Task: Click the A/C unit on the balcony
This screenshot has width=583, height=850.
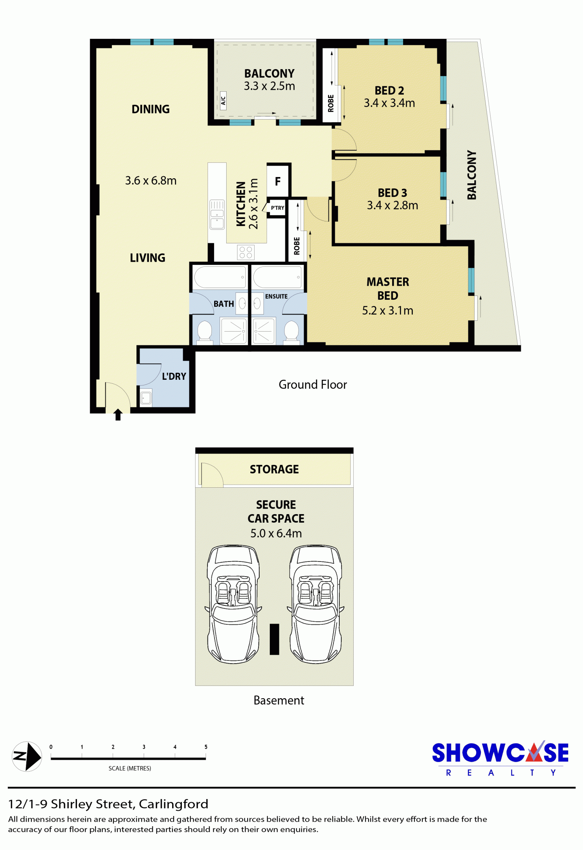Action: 223,101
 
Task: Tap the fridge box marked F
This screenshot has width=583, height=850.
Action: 278,181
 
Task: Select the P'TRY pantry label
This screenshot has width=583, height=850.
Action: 278,208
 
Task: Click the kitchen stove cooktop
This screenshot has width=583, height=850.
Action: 246,252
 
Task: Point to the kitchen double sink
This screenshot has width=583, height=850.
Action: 217,214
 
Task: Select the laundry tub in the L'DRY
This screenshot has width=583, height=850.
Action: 146,397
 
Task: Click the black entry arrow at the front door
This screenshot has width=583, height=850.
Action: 118,414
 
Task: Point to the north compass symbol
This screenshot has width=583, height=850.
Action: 27,756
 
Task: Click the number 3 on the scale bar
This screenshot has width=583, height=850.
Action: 144,747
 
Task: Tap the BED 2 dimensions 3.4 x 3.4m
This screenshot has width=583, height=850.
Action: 389,103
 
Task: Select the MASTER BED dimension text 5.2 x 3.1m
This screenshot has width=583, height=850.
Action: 388,310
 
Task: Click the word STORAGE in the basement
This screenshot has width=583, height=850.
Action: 274,469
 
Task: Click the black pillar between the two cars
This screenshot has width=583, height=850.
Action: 274,639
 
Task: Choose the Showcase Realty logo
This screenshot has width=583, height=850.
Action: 500,758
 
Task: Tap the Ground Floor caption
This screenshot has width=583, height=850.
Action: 312,384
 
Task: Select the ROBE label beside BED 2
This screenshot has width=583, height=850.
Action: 331,103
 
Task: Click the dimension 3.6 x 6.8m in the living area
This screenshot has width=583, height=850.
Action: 151,181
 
